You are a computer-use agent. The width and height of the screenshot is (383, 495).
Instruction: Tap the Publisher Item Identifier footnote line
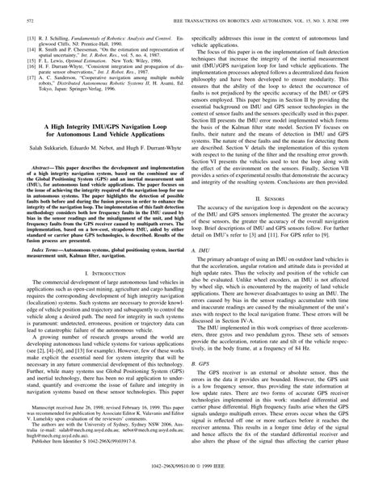click(x=67, y=465)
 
